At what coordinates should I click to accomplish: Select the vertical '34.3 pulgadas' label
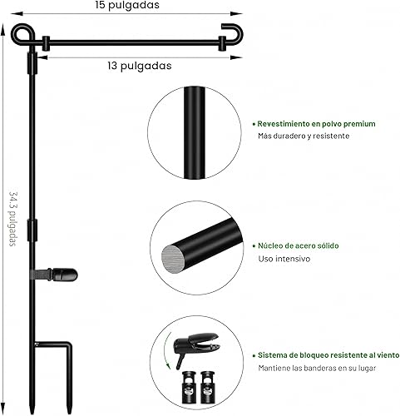[x=12, y=219]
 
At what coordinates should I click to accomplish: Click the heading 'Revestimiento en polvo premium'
[x=315, y=123]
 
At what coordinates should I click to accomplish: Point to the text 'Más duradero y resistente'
[x=304, y=136]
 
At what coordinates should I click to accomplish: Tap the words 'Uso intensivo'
[x=284, y=259]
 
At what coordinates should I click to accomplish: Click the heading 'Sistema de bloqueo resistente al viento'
[x=328, y=354]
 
